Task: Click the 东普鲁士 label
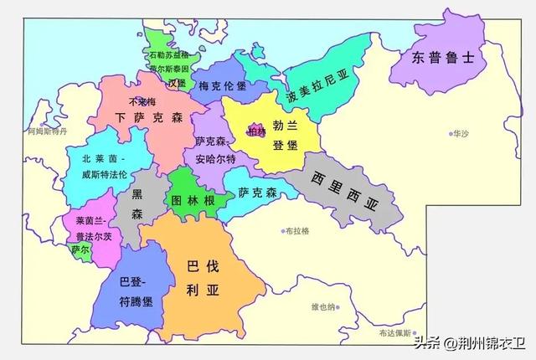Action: pyautogui.click(x=443, y=58)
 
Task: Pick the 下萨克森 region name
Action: pyautogui.click(x=148, y=118)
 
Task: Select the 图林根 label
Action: pyautogui.click(x=191, y=201)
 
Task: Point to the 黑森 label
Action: pyautogui.click(x=137, y=204)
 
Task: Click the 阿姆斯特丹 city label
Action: pyautogui.click(x=44, y=132)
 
